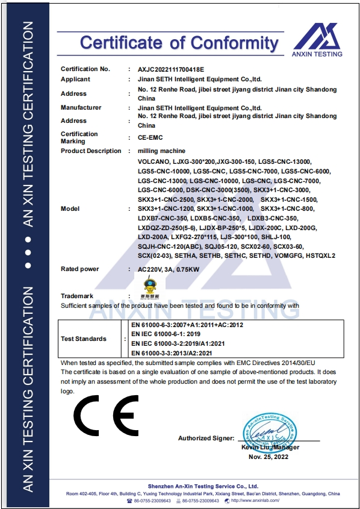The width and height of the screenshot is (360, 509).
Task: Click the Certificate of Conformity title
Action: [179, 43]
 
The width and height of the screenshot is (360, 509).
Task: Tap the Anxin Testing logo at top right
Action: [318, 40]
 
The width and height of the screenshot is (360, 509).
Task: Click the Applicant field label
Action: [75, 79]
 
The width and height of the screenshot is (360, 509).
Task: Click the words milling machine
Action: [161, 151]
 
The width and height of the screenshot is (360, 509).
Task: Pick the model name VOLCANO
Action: [154, 162]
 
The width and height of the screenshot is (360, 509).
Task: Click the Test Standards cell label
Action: [84, 339]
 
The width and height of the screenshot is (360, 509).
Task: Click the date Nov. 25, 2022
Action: [268, 457]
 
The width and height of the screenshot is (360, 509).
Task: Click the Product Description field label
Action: [91, 151]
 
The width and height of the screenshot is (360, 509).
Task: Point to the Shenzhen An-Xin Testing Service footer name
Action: [203, 486]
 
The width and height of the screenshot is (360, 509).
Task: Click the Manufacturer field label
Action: [81, 107]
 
